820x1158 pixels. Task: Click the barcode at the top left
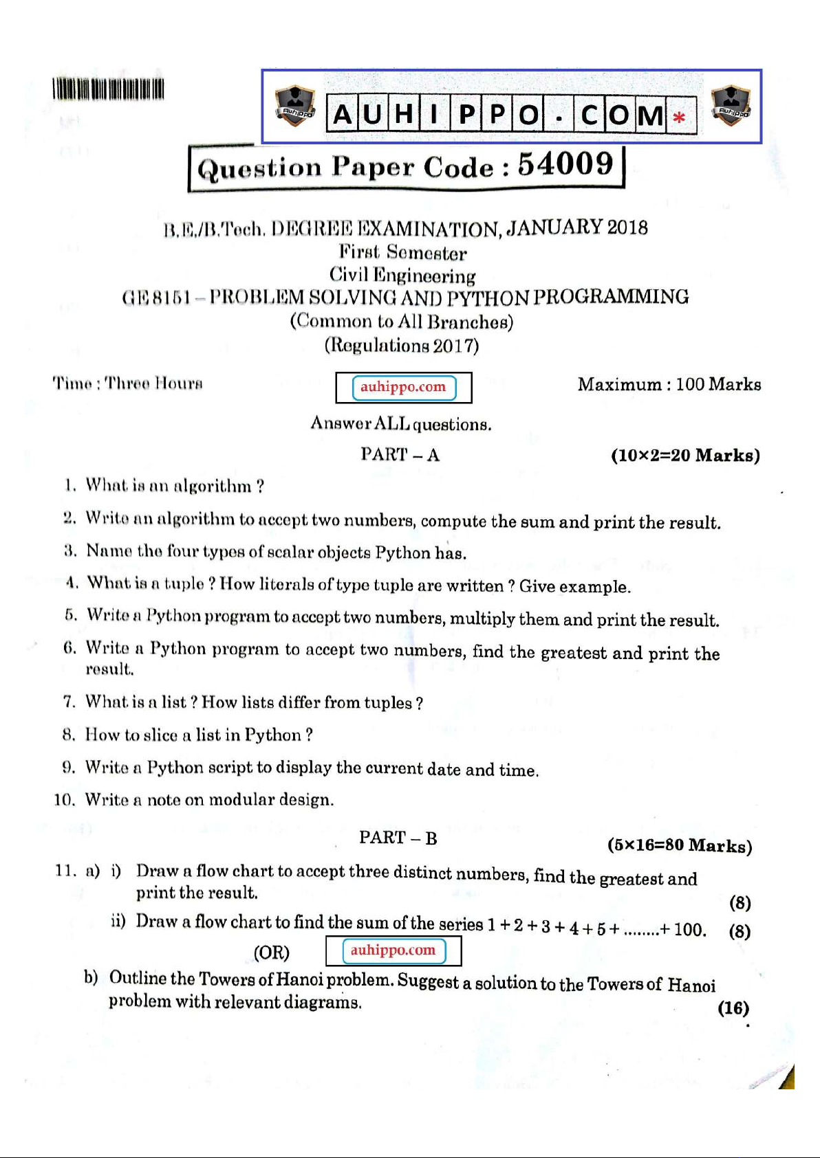[108, 89]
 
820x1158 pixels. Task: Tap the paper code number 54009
[565, 165]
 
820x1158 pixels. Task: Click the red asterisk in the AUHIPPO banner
[679, 118]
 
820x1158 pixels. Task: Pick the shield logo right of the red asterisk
[731, 106]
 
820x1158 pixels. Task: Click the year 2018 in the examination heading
[627, 227]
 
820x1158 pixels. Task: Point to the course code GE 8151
[155, 298]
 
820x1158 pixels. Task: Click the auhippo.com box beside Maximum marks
[404, 388]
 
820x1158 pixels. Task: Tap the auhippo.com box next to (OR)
[393, 951]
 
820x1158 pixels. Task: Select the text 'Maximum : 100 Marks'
[669, 384]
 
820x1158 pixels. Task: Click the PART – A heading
[400, 455]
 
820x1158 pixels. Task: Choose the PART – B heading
[398, 838]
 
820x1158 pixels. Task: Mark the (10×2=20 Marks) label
[685, 456]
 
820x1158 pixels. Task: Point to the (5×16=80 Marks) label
[680, 845]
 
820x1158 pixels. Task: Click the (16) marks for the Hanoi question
[733, 1008]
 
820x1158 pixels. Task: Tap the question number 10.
[63, 800]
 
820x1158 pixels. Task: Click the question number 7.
[69, 702]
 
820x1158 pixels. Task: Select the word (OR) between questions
[272, 953]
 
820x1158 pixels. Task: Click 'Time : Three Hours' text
[127, 383]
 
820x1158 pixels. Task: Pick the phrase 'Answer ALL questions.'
[401, 423]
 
